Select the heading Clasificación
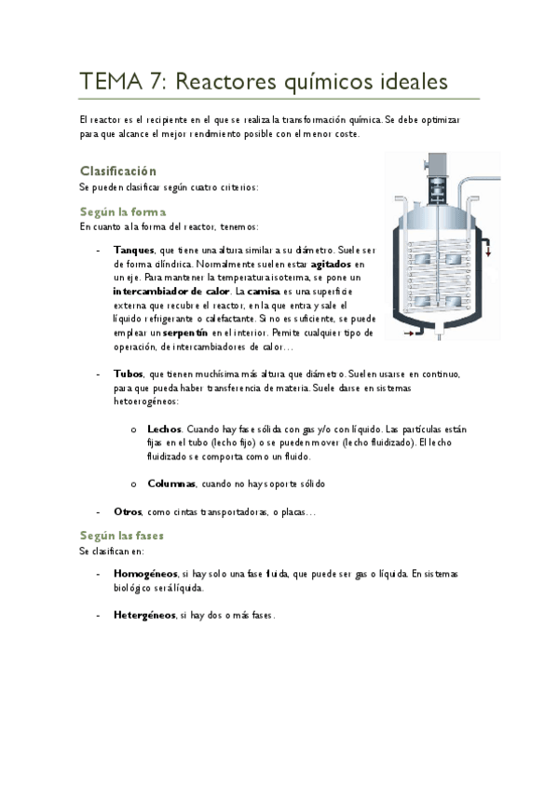pos(117,171)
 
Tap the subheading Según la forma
pos(123,212)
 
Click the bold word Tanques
pos(134,251)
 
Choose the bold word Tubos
pos(128,374)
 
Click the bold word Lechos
pos(165,429)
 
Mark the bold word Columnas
pos(171,484)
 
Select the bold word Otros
pos(128,511)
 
